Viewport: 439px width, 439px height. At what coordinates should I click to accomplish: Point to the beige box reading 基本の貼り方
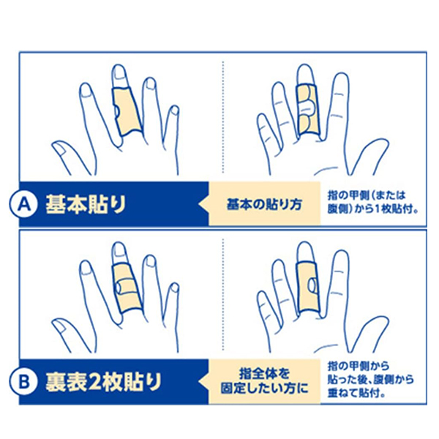[265, 203]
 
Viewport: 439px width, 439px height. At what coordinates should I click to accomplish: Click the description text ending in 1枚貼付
[373, 202]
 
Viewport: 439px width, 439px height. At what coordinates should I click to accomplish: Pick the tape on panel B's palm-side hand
[307, 285]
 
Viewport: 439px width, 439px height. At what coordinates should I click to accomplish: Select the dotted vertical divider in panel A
[222, 117]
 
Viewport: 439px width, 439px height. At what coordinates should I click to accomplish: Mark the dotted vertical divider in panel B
[222, 293]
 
